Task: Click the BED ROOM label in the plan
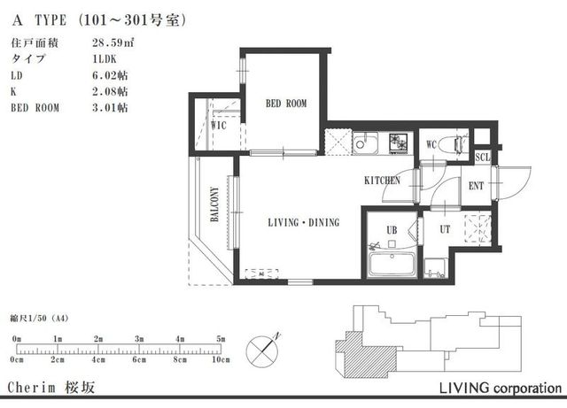(286, 104)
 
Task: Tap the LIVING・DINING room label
(303, 223)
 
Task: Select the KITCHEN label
(382, 181)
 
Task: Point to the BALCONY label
(214, 204)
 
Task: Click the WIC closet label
(219, 125)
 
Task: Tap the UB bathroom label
(390, 230)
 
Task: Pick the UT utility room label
(443, 229)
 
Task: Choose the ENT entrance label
(476, 186)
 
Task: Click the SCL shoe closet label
(482, 158)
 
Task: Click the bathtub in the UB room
(391, 263)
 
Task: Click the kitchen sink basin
(366, 142)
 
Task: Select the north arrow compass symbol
(266, 348)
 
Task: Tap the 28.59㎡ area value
(110, 42)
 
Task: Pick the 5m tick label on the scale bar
(221, 339)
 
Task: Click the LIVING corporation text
(500, 389)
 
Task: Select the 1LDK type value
(105, 58)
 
